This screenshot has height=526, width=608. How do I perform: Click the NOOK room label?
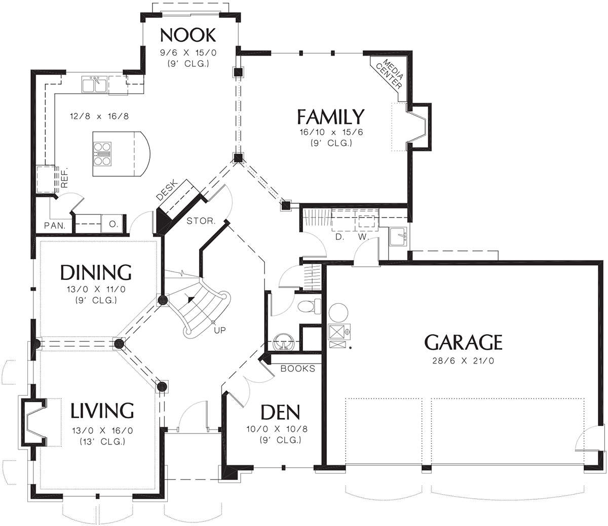pos(188,35)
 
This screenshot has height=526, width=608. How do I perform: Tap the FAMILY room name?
pos(331,116)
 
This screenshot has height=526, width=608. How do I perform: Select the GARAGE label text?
pos(463,342)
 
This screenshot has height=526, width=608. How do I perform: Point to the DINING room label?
pos(96,272)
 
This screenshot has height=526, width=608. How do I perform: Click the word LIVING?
pos(102,411)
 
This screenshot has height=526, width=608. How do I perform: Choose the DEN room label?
pos(280,412)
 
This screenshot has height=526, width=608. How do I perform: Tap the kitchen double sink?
pos(94,85)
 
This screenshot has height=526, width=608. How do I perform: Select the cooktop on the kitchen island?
pos(102,154)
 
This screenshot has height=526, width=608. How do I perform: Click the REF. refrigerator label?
pos(64,178)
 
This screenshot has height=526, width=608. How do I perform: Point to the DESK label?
pos(167,190)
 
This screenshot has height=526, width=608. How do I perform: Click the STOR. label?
pos(201,221)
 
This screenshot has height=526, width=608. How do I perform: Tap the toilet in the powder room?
pos(310,306)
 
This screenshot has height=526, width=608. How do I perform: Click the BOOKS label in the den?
pos(298,369)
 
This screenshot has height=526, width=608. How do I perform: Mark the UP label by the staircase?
pos(220,330)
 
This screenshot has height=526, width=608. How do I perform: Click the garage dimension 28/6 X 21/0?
pos(463,361)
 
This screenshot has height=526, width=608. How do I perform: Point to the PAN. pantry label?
pos(55,226)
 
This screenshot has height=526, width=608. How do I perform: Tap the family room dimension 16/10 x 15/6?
pos(331,132)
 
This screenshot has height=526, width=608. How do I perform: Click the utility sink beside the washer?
pos(398,236)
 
